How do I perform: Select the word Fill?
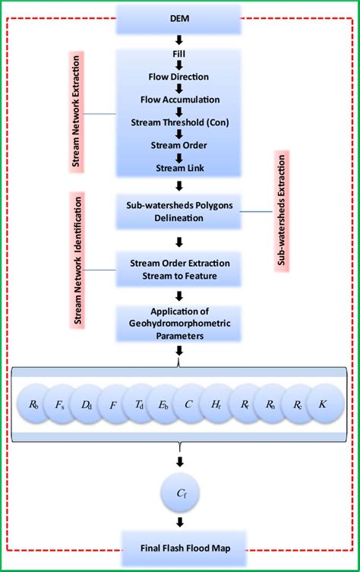tap(180, 55)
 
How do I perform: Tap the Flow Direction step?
tap(180, 77)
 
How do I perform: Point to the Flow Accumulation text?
tap(180, 100)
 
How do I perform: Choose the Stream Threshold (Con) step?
tap(180, 122)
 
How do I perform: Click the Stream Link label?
tap(180, 168)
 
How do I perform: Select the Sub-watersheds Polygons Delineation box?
tap(180, 210)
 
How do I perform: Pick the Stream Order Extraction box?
tap(180, 269)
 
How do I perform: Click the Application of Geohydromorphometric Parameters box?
tap(180, 322)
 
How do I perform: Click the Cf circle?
tap(180, 494)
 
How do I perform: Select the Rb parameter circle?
tap(33, 405)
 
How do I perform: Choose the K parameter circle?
tap(323, 405)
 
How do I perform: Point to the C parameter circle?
tap(188, 405)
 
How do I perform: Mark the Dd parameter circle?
tap(87, 405)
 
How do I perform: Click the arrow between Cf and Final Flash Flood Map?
tap(180, 522)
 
